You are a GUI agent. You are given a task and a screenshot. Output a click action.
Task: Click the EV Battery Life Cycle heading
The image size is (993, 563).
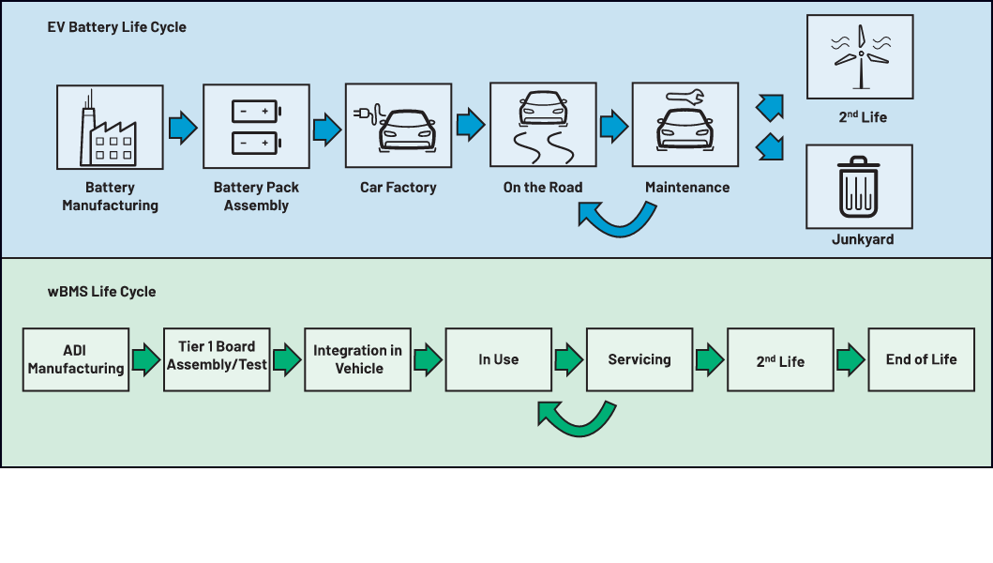[116, 27]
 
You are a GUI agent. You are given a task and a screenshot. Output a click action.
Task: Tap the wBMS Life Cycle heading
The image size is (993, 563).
[101, 292]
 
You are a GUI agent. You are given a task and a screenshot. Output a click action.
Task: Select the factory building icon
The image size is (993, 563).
[110, 127]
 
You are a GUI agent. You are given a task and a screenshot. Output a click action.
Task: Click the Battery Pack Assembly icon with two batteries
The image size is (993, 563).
[255, 127]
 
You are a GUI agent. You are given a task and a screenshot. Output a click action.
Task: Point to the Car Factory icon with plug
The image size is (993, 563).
[399, 126]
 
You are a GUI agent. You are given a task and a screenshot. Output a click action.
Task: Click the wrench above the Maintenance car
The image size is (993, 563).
[686, 96]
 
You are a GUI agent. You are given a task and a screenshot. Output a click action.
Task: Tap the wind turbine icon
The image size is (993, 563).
[860, 57]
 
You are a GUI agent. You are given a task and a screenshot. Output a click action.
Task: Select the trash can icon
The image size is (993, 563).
[859, 186]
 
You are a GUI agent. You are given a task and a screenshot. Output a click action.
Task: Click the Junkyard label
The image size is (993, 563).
[862, 239]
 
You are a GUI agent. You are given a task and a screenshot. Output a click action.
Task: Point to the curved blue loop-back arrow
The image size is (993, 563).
[615, 221]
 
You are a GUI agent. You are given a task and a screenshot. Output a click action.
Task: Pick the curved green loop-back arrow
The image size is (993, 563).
[576, 418]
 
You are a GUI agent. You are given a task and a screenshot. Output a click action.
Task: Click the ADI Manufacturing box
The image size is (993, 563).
[76, 359]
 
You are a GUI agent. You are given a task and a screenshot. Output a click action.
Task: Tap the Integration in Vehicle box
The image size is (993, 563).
[357, 359]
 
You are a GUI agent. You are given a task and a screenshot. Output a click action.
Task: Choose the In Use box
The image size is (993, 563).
[498, 359]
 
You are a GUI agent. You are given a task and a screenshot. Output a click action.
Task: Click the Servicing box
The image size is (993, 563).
[639, 359]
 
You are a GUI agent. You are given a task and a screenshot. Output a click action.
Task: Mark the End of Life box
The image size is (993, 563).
[921, 359]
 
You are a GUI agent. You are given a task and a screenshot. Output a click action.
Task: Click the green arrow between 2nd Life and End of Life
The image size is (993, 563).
[850, 359]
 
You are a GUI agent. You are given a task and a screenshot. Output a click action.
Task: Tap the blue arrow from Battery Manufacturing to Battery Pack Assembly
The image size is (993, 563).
[183, 127]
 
